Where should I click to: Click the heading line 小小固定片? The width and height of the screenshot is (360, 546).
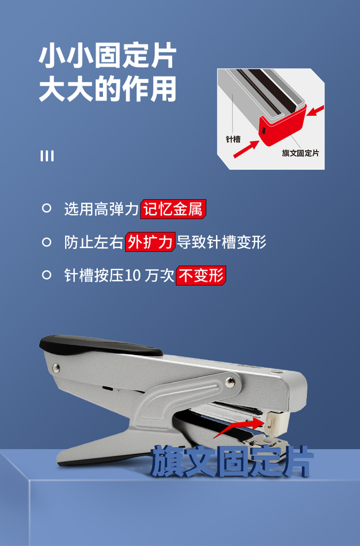(x=108, y=57)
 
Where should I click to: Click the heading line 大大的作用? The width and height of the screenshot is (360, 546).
(x=108, y=89)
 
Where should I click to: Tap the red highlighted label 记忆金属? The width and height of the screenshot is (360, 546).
(x=173, y=209)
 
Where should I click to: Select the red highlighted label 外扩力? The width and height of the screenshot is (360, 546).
(x=150, y=242)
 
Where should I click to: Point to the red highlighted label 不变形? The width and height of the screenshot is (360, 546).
(x=201, y=275)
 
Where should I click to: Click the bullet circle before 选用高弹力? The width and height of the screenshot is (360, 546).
(x=46, y=209)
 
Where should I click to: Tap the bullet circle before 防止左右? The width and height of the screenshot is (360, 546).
(x=46, y=242)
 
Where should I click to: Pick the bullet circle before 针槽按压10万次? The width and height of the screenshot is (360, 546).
(x=46, y=275)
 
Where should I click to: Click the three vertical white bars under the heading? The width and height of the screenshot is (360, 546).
(x=46, y=156)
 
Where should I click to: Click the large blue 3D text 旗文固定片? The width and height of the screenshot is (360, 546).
(x=231, y=461)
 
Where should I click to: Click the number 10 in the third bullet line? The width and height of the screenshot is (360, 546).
(x=134, y=276)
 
